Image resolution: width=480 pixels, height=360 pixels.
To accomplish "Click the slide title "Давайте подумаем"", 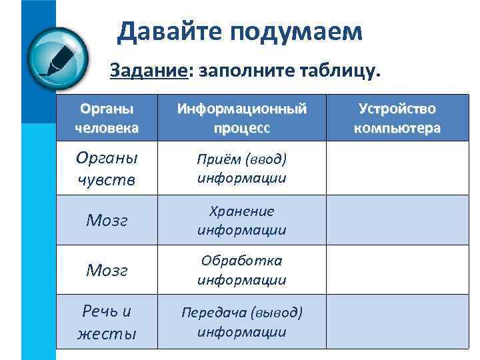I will point(240,31).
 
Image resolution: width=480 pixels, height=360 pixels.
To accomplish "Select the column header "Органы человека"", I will point(107,118).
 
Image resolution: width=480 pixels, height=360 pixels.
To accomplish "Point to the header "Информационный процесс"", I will point(241,118).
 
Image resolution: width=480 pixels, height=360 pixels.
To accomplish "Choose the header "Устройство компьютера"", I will point(397,118).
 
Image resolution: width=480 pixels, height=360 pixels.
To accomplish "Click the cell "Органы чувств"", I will point(107,168).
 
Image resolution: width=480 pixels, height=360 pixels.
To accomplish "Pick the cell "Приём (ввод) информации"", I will point(241,168).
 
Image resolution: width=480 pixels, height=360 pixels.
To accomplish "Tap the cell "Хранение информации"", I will point(241,220).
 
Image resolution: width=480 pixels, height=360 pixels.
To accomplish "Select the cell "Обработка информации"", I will point(241,270).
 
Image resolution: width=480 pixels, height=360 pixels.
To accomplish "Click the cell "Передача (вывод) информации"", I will point(241,321).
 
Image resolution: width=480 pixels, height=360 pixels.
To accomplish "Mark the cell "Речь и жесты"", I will point(107,321).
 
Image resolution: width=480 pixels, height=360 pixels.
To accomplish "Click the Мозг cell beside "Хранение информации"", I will point(107,221).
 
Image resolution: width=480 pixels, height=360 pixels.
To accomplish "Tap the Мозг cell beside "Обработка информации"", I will point(107,271).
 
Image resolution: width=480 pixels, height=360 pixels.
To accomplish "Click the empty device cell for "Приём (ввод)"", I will point(397,168).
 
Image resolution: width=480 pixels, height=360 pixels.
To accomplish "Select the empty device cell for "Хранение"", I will point(397,220).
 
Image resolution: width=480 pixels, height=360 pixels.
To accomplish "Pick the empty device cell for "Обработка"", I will point(397,270).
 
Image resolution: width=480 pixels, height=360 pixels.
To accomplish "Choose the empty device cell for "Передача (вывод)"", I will point(397,321).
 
